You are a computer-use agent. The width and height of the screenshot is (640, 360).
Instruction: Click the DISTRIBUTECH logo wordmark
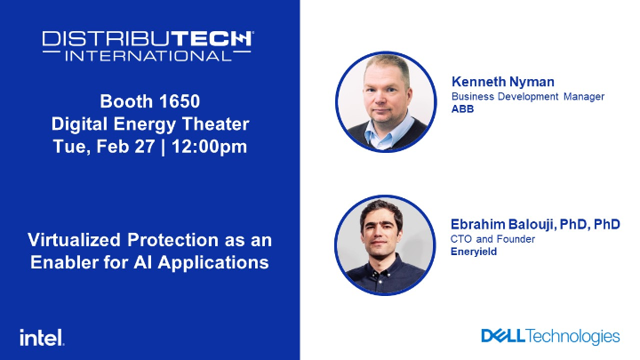pyautogui.click(x=148, y=39)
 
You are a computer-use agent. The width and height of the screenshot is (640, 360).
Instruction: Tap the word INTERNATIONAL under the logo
pyautogui.click(x=148, y=55)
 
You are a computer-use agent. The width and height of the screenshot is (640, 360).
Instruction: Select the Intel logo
pyautogui.click(x=41, y=337)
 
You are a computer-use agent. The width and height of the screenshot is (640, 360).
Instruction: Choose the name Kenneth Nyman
pyautogui.click(x=495, y=82)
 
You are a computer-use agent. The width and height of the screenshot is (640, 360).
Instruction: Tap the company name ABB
pyautogui.click(x=463, y=108)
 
